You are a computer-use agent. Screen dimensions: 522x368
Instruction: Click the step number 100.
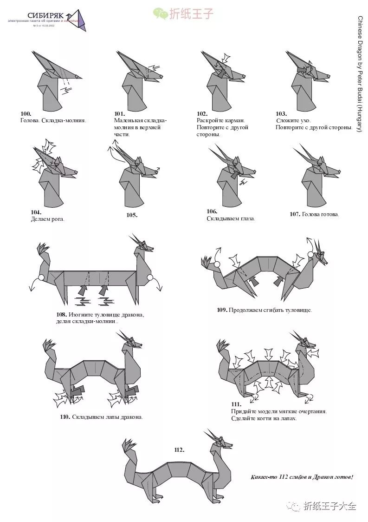pyautogui.click(x=26, y=114)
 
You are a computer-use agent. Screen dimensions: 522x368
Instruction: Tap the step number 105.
pyautogui.click(x=132, y=215)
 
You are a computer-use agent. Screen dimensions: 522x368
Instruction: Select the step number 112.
pyautogui.click(x=179, y=449)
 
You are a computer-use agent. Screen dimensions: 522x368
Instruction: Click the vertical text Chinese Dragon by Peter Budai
pyautogui.click(x=360, y=74)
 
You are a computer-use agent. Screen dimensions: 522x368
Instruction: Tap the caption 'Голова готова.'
pyautogui.click(x=320, y=214)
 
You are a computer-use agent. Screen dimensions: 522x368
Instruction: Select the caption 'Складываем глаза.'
pyautogui.click(x=231, y=218)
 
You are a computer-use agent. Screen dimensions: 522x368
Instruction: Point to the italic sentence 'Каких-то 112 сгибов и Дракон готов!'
pyautogui.click(x=302, y=477)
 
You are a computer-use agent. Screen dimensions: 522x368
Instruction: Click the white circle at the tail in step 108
pyautogui.click(x=41, y=278)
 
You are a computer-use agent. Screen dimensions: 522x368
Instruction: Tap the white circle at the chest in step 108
pyautogui.click(x=150, y=278)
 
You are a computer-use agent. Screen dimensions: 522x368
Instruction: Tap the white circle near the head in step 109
pyautogui.click(x=310, y=254)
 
